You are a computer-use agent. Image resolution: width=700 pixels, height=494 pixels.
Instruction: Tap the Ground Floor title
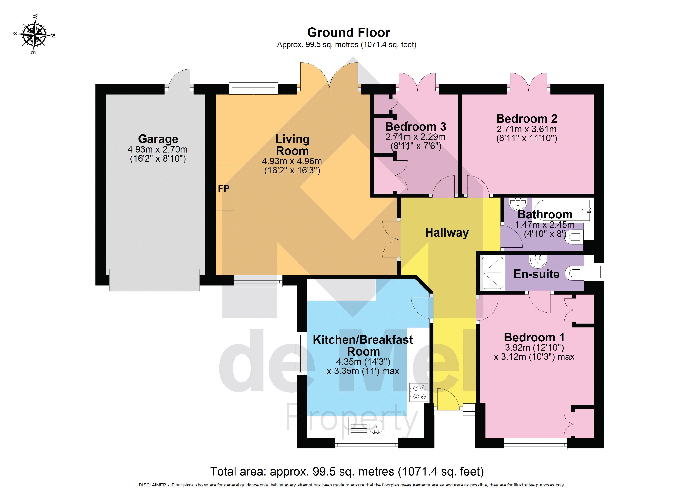(x=348, y=32)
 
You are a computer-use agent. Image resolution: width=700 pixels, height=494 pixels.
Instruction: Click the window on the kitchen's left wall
(x=300, y=353)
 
